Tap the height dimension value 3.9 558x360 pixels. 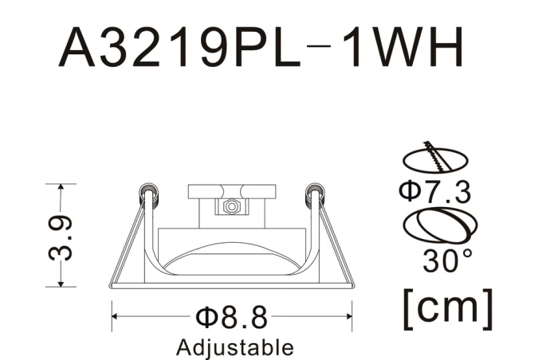click(x=63, y=236)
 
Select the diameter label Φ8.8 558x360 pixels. click(x=231, y=318)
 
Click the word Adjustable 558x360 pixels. click(x=234, y=347)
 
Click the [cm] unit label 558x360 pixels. click(x=448, y=305)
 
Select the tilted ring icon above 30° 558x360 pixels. click(x=435, y=226)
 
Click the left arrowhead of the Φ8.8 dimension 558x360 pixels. click(x=115, y=317)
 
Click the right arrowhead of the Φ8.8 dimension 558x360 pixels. click(x=348, y=317)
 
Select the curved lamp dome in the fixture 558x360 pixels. click(x=231, y=256)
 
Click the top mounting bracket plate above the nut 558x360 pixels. click(x=232, y=192)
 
